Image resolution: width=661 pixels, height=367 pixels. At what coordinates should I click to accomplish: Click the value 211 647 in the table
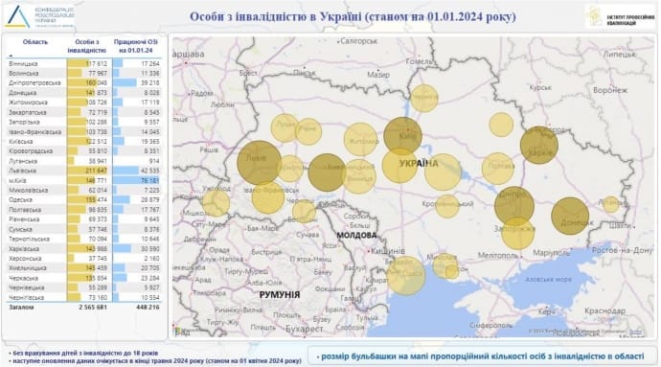pyautogui.click(x=94, y=170)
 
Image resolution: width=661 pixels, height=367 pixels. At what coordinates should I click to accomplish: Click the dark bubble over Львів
pyautogui.click(x=259, y=161)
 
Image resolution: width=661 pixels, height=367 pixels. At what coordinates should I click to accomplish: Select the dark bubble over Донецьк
pyautogui.click(x=571, y=217)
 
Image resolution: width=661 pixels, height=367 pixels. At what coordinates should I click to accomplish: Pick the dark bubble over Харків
pyautogui.click(x=538, y=145)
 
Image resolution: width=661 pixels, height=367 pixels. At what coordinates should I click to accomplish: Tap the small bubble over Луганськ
pyautogui.click(x=610, y=203)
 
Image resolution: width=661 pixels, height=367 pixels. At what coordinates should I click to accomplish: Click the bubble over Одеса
pyautogui.click(x=405, y=278)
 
